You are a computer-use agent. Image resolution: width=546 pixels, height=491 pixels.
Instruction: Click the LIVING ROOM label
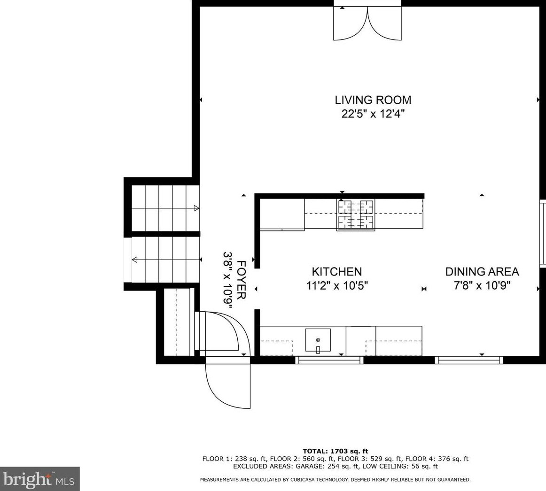coord(373,100)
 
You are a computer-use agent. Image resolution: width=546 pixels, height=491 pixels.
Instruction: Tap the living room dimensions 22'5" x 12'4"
coord(373,114)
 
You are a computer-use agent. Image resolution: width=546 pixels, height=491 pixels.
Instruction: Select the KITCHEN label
coord(337,271)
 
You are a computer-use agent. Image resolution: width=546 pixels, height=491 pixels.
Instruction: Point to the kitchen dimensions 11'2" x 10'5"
coord(337,286)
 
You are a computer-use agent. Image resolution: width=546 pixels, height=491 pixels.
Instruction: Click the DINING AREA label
coord(482,271)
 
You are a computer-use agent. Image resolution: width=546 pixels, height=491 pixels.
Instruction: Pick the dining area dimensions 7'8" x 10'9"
coord(482,286)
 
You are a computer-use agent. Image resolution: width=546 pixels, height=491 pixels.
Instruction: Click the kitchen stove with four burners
coord(356,215)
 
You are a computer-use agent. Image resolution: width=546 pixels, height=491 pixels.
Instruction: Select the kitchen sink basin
coord(318,340)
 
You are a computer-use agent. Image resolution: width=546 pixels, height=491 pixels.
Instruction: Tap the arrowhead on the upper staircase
coord(196,208)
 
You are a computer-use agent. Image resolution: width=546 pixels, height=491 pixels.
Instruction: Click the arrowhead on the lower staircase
coord(134,260)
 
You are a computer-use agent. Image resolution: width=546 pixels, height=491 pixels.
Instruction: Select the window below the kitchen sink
coord(329,360)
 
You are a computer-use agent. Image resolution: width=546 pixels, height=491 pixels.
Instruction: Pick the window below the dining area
coord(468,360)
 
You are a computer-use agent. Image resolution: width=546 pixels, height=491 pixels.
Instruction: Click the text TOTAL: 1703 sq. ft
coord(335,451)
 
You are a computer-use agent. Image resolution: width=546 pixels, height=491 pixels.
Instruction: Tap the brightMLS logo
coord(39,479)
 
